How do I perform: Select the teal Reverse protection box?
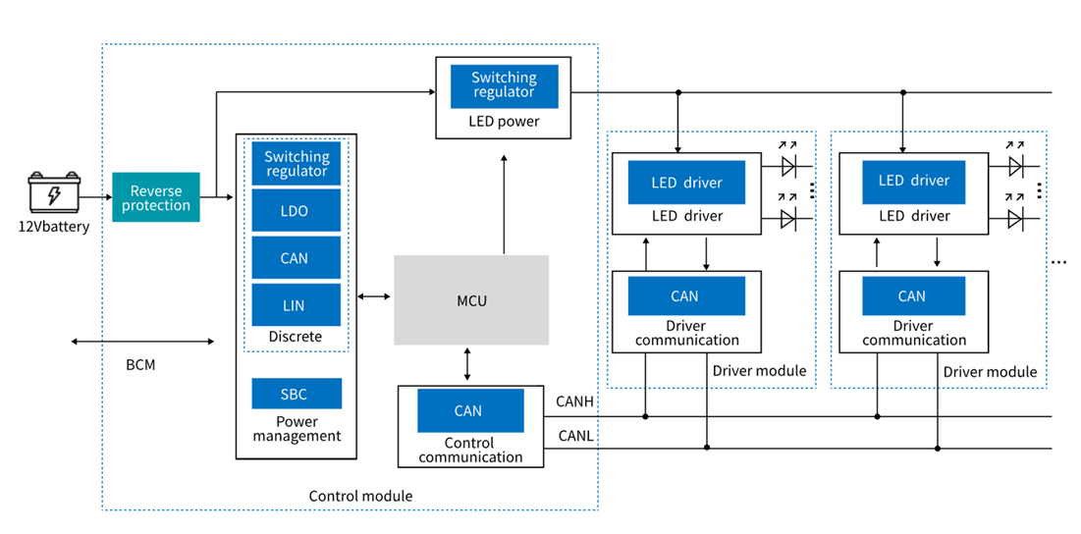[156, 197]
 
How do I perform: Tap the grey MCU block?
[471, 299]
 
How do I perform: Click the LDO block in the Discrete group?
[296, 211]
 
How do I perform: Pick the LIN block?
[296, 305]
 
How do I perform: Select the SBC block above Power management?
[296, 394]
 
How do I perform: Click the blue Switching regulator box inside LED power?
[504, 85]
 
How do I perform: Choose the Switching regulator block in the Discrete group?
[296, 164]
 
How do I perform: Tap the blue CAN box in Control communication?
[469, 410]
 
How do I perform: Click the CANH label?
[574, 401]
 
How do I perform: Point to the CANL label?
[574, 435]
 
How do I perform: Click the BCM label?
[140, 364]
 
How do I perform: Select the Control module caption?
[360, 496]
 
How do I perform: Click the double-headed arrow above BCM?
[142, 342]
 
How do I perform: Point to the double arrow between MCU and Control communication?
[467, 364]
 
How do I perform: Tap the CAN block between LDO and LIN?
[296, 258]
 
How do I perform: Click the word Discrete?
[296, 337]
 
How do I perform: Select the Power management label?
[296, 429]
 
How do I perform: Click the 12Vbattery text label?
[53, 227]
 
